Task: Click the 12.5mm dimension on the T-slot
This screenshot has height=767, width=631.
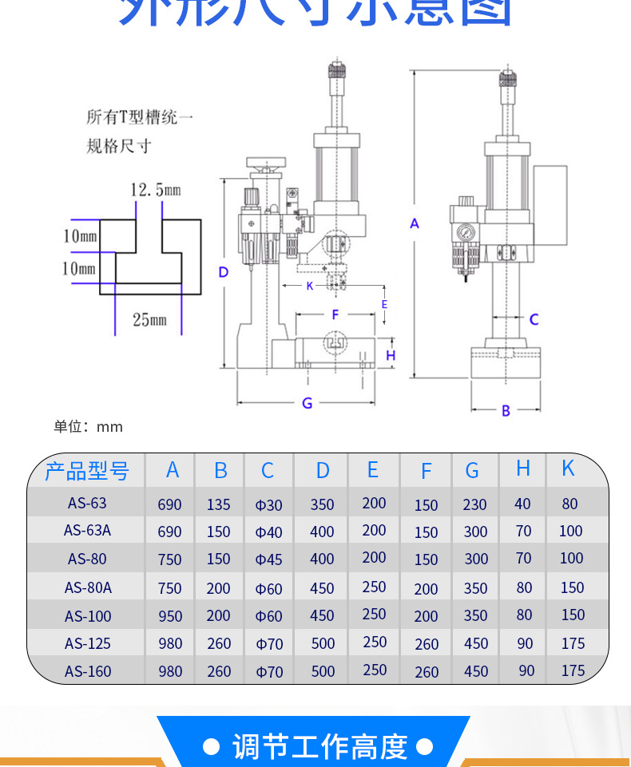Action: pos(156,190)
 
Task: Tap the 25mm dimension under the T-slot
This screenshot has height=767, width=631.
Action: pos(150,320)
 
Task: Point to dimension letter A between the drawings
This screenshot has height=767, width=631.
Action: pos(415,223)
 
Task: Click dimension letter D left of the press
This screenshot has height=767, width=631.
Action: pos(224,272)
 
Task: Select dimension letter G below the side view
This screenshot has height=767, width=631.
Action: pos(307,403)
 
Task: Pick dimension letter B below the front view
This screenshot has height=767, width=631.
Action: pos(506,410)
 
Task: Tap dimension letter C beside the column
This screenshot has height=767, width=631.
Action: pos(534,319)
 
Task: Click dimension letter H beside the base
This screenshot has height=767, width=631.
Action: pos(391,355)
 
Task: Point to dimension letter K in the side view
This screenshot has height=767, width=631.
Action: pos(310,285)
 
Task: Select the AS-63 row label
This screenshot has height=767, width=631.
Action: pos(87,504)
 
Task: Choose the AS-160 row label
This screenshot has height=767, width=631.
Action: pos(88,671)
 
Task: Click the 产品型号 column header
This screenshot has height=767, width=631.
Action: pos(87,471)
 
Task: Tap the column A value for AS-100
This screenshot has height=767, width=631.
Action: pos(170,616)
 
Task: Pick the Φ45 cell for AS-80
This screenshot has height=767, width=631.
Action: pos(269,559)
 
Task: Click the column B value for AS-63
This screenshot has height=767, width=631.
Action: pos(219,504)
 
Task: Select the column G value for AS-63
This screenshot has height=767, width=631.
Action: pos(474,504)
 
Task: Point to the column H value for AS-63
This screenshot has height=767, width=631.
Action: pos(522,504)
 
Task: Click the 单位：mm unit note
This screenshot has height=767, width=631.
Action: pos(89,427)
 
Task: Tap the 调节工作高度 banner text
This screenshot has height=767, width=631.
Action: pos(319,747)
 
